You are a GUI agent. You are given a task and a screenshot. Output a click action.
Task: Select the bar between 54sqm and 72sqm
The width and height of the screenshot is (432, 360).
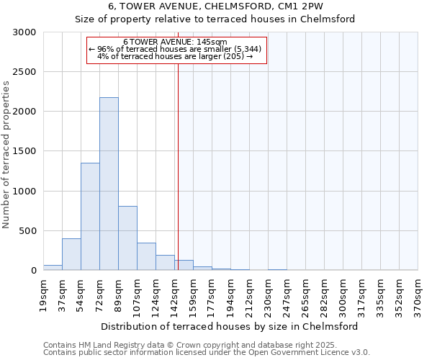coord(90,216)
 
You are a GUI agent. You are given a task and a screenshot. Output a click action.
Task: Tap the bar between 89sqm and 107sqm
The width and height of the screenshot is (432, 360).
coord(127,238)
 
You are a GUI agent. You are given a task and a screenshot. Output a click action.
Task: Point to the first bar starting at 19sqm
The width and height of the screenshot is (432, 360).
coord(53,267)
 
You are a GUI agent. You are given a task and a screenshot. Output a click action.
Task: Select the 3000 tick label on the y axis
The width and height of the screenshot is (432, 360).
coord(24,32)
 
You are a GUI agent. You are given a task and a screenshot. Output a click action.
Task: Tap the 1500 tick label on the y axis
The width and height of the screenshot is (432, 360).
coord(24,151)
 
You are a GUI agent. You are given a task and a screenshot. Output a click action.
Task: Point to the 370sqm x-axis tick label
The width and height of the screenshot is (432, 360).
coord(418,295)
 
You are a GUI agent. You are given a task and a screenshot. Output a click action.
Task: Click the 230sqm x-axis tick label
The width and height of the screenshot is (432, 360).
coord(268,295)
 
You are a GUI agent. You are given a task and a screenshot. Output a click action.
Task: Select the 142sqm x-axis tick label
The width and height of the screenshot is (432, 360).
coord(174,295)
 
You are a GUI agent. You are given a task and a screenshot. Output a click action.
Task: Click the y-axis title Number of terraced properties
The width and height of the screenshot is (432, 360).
coord(6,155)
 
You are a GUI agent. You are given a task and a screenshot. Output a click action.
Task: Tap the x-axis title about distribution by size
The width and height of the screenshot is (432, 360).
coord(230,326)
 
